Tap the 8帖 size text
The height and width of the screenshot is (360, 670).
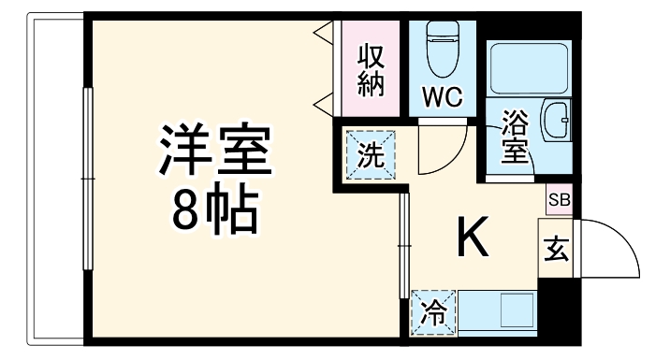[214, 214]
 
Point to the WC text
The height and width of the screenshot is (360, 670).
[441, 97]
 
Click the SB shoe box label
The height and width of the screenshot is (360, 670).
[558, 200]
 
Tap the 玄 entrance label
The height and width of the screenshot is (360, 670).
[556, 250]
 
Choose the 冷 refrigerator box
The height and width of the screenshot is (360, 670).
[432, 311]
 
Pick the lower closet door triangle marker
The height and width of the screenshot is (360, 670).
[322, 100]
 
